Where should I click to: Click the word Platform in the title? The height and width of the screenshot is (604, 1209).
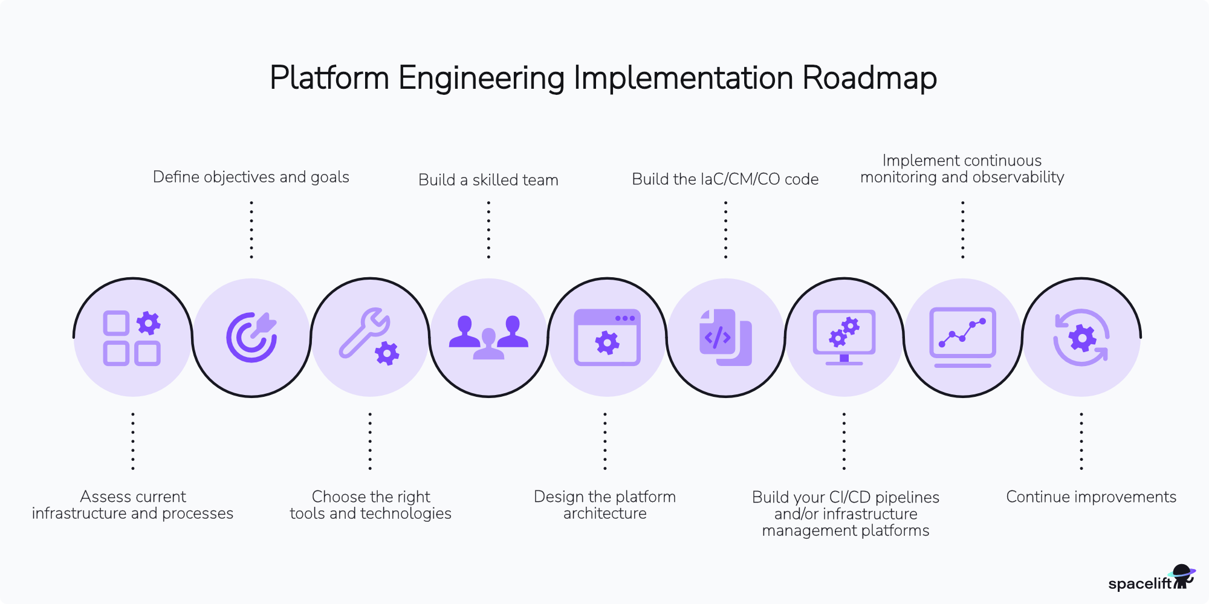329,78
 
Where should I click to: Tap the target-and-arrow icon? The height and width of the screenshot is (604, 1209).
251,337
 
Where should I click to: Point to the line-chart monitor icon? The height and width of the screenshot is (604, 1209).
962,337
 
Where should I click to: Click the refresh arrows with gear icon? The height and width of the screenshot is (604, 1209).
1081,337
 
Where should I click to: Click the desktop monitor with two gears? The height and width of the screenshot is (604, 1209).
844,337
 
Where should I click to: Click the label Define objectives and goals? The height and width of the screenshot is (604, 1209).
251,177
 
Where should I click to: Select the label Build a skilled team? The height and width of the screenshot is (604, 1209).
488,180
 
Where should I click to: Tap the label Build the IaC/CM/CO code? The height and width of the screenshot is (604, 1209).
725,179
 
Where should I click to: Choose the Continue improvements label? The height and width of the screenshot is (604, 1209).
1091,497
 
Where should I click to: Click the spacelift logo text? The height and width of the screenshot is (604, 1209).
1139,583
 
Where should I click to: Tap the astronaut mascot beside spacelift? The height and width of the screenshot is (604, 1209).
1183,576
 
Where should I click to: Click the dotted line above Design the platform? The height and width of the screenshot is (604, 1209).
605,441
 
